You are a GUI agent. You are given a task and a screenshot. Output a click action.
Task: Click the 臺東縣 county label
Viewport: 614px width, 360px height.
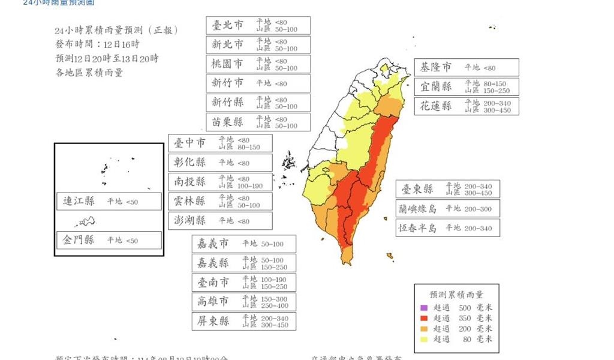pyautogui.click(x=417, y=189)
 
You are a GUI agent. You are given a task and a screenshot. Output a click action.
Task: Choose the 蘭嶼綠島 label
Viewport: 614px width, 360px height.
pyautogui.click(x=418, y=208)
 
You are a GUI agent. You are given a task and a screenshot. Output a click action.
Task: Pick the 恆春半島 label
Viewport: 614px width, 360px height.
pyautogui.click(x=418, y=228)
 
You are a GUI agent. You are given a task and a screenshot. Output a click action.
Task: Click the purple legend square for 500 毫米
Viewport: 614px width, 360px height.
pyautogui.click(x=423, y=307)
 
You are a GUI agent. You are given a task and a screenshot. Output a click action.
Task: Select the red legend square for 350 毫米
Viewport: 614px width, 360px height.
pyautogui.click(x=423, y=318)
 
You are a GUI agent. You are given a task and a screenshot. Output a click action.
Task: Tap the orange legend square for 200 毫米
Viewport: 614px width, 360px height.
pyautogui.click(x=423, y=329)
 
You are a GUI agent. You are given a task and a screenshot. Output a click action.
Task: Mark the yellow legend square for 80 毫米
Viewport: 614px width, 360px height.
pyautogui.click(x=423, y=340)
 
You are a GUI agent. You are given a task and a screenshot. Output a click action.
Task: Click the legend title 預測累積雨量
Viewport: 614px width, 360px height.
pyautogui.click(x=456, y=295)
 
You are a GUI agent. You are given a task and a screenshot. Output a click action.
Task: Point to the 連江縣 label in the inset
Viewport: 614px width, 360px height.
pyautogui.click(x=79, y=202)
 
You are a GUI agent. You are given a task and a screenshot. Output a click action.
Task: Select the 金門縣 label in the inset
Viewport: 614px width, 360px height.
pyautogui.click(x=79, y=240)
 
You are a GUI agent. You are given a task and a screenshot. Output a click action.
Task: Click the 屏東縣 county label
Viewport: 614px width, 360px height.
pyautogui.click(x=213, y=321)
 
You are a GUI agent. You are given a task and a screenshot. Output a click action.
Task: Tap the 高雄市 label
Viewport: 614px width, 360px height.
pyautogui.click(x=213, y=301)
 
